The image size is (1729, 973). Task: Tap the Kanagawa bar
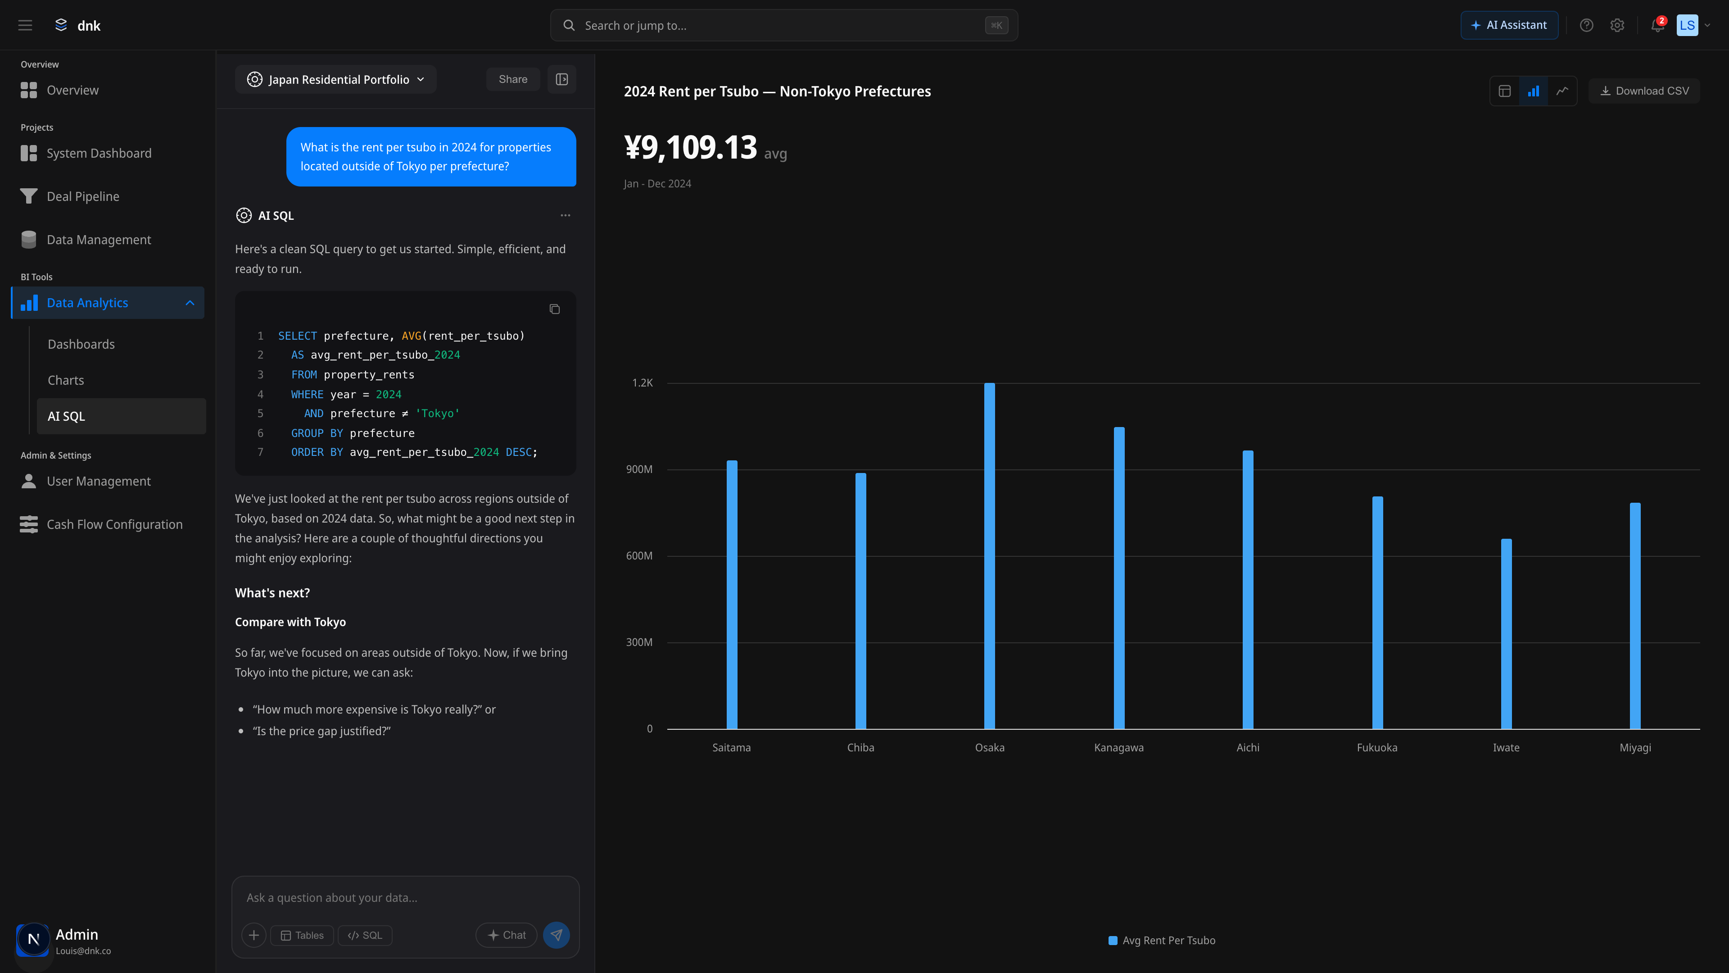(1119, 577)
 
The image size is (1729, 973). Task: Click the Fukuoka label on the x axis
(1376, 747)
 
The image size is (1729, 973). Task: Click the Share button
(513, 79)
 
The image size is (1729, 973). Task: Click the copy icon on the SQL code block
(554, 309)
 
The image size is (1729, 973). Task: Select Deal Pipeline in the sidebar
(83, 196)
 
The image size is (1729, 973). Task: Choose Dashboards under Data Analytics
(81, 344)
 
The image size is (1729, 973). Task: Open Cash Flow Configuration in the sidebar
(114, 524)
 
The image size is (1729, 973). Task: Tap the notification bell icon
(1657, 26)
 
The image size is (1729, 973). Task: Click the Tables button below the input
(302, 936)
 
